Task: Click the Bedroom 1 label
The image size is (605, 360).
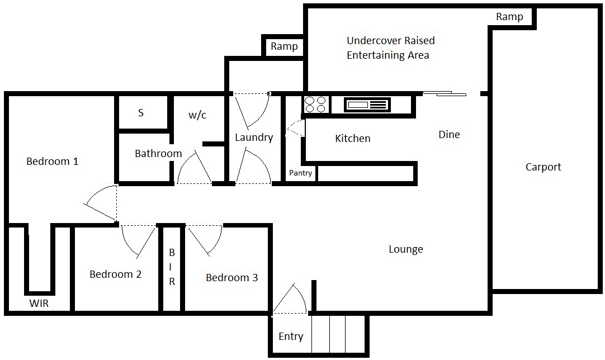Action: (53, 162)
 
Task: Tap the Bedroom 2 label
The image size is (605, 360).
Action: (115, 274)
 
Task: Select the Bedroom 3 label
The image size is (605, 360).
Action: (231, 278)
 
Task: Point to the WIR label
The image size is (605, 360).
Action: (39, 304)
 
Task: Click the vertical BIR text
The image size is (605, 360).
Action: (172, 267)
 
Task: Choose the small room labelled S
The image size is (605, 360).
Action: (141, 113)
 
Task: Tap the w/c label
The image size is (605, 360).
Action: (197, 115)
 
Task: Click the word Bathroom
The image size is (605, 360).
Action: (158, 154)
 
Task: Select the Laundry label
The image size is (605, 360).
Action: (254, 138)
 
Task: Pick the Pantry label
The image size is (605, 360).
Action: (300, 173)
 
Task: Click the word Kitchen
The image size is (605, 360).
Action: (352, 139)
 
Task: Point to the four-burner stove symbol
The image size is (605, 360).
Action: (315, 105)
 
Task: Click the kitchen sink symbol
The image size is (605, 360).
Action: (367, 105)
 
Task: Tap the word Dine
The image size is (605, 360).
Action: (449, 135)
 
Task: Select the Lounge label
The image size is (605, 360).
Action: (406, 249)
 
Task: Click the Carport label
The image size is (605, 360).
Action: (543, 167)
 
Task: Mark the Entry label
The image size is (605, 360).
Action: (291, 337)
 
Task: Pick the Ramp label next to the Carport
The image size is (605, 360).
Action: (509, 17)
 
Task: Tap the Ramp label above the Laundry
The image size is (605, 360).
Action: (284, 46)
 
